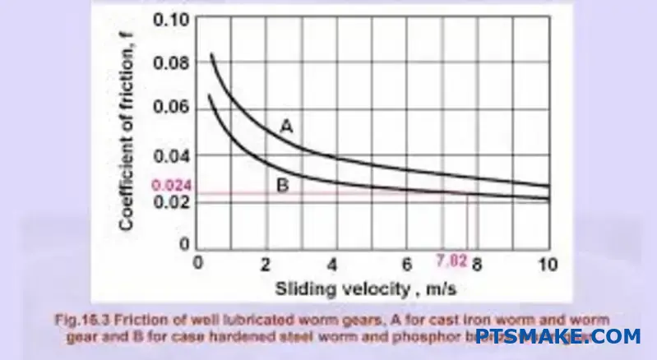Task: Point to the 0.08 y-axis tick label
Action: click(x=171, y=62)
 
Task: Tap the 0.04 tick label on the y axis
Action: click(x=171, y=155)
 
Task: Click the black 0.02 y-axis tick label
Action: click(x=171, y=202)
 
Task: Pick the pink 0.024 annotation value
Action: click(x=171, y=187)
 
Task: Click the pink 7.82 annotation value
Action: click(x=451, y=263)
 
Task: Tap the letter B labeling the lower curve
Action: click(x=282, y=187)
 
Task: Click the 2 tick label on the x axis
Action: click(x=265, y=265)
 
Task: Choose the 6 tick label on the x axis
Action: click(x=408, y=265)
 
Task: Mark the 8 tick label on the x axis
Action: click(x=477, y=265)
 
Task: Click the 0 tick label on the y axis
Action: click(x=183, y=245)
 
